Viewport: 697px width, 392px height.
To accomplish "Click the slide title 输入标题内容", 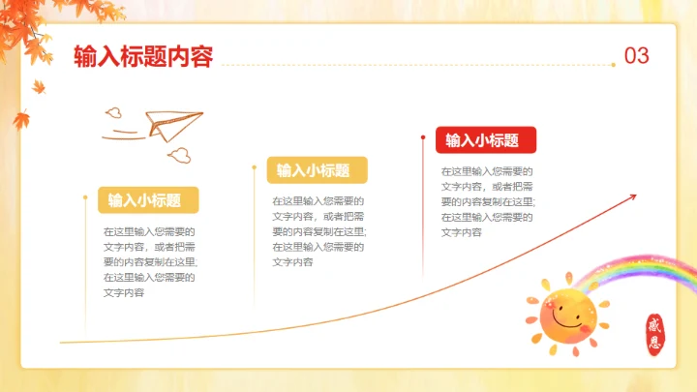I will click(x=142, y=56).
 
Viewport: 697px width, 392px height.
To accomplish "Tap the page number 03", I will click(x=636, y=56).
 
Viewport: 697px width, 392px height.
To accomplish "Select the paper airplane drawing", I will click(x=174, y=125).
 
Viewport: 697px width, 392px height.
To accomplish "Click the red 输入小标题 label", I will click(x=482, y=140).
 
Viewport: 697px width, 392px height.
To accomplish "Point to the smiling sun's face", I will click(x=566, y=315).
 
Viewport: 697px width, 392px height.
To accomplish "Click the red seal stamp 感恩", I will click(x=658, y=334).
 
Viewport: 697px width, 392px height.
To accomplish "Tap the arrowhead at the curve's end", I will click(x=633, y=196).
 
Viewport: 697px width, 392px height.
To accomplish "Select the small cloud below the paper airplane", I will click(x=179, y=153).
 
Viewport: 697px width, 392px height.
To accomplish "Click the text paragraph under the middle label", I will click(x=318, y=231).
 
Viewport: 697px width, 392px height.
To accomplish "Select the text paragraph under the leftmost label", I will click(x=150, y=261).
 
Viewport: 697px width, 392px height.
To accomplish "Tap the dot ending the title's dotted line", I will click(x=613, y=65).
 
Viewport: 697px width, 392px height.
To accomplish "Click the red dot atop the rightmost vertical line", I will click(x=423, y=136).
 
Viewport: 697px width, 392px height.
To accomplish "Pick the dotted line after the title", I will click(x=416, y=65).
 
